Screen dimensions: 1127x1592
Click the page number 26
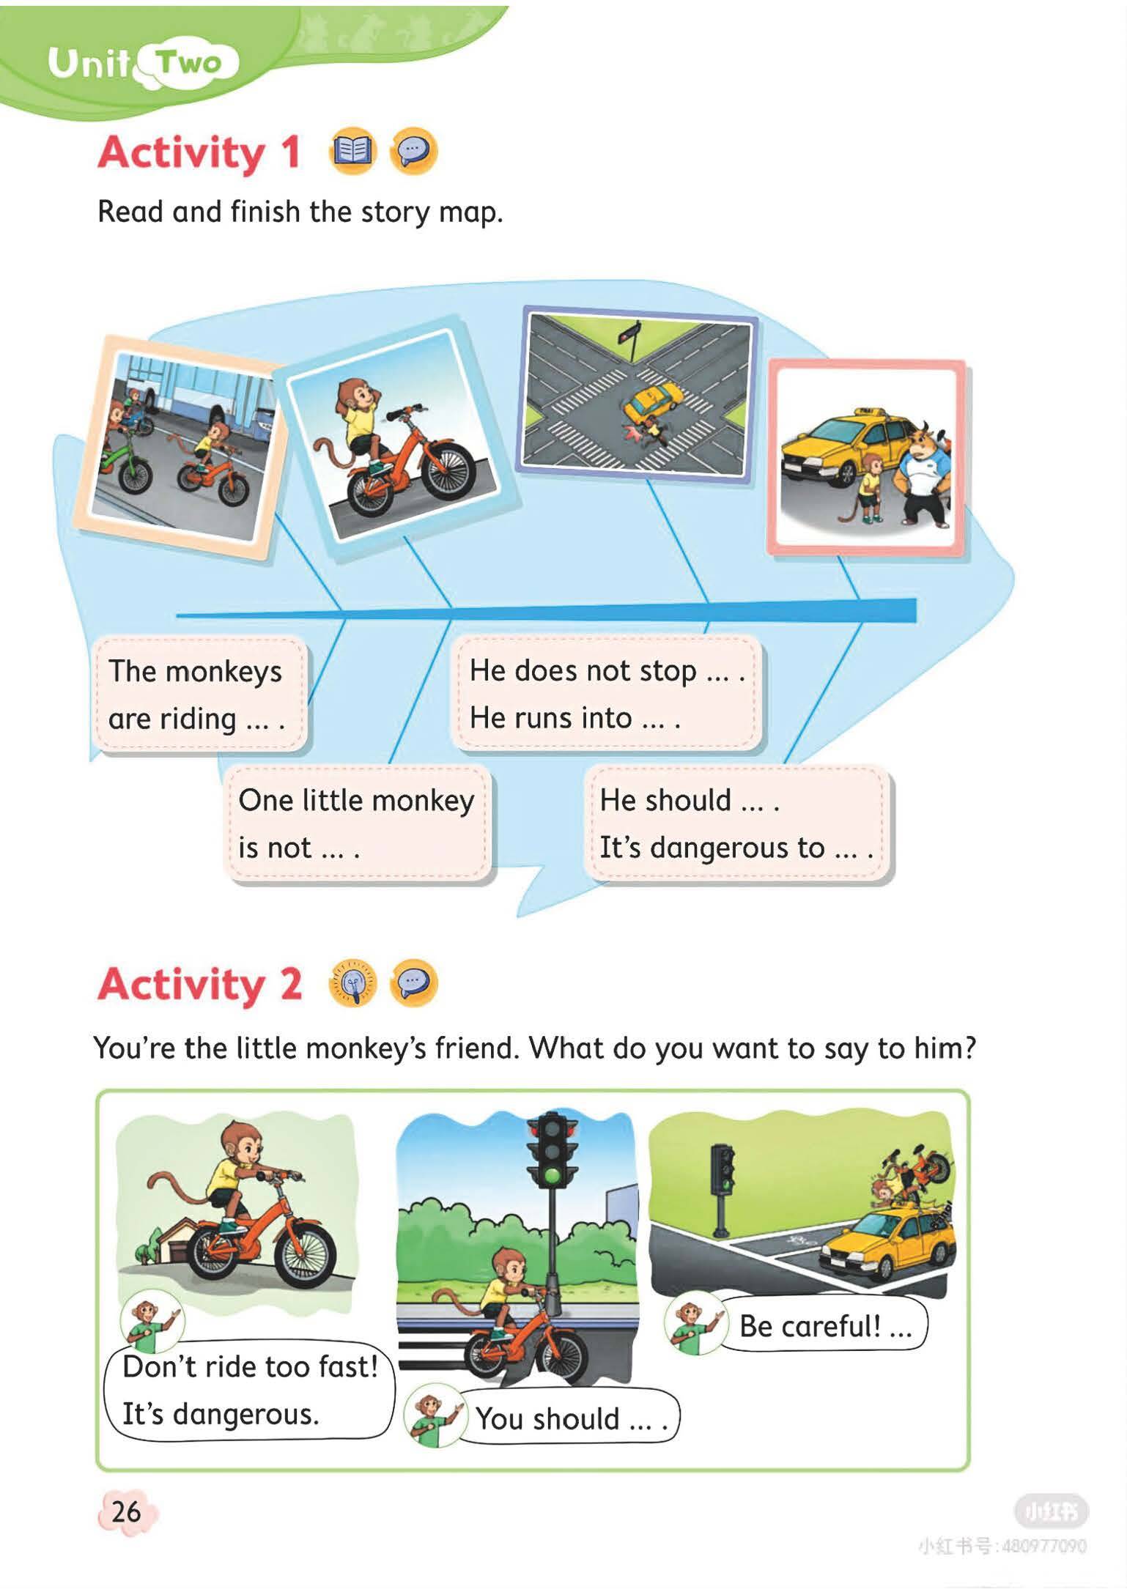(x=125, y=1511)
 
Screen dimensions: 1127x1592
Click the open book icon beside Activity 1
(x=353, y=152)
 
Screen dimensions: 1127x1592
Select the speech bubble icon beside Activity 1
(x=414, y=152)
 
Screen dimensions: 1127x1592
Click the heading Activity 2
(x=199, y=983)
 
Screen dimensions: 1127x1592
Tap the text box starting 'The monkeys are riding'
(x=198, y=694)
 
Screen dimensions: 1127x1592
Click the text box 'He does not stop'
(x=607, y=692)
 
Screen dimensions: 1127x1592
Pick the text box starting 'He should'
(x=738, y=823)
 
